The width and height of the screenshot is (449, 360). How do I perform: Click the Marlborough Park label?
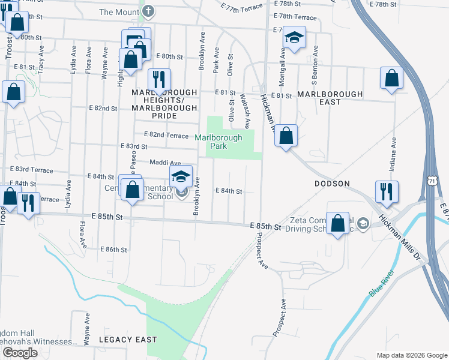tap(218, 142)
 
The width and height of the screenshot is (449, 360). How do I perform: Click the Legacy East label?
tap(128, 340)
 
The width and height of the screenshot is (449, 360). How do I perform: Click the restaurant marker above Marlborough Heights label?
tap(160, 80)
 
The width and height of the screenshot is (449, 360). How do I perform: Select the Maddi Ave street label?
tap(165, 163)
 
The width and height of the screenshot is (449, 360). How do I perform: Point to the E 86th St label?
tap(114, 249)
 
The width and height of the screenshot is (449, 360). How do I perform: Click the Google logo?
tap(20, 353)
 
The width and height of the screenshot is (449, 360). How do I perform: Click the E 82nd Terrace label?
tap(166, 136)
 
